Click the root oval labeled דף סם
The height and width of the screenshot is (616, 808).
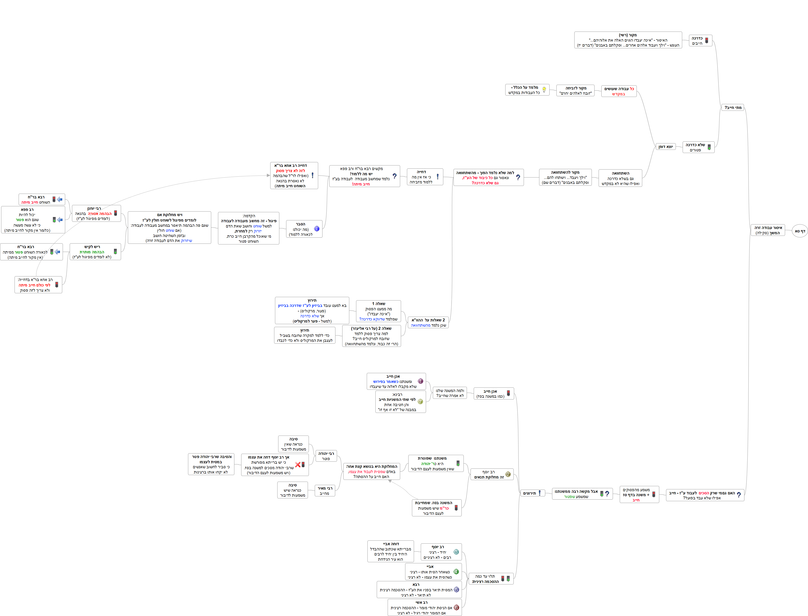(x=800, y=231)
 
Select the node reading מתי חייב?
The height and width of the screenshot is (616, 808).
(x=733, y=107)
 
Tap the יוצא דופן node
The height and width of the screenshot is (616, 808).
(x=665, y=147)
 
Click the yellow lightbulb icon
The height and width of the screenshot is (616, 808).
(x=544, y=89)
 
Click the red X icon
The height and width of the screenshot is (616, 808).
(x=297, y=465)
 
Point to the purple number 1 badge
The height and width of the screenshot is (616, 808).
(x=420, y=381)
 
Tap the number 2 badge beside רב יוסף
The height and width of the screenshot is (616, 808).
(x=508, y=474)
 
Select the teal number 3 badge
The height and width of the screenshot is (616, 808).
(x=456, y=552)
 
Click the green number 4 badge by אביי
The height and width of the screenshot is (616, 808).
(x=456, y=572)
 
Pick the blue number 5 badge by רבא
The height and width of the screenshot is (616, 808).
(x=456, y=590)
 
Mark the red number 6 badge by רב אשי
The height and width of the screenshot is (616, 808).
(x=456, y=608)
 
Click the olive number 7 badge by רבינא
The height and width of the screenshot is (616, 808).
(x=420, y=402)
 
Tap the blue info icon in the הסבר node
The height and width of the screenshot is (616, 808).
(x=317, y=229)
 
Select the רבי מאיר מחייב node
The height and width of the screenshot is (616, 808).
(x=325, y=491)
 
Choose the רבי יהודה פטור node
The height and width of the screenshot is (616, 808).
(x=326, y=456)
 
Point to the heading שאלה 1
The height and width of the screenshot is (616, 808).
(x=379, y=304)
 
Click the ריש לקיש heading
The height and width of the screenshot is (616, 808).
(x=92, y=247)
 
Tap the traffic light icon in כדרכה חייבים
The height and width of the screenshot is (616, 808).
(x=706, y=40)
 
